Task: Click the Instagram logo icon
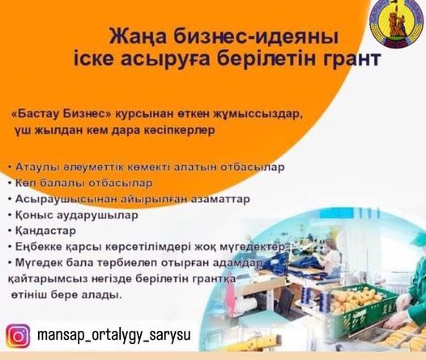19,336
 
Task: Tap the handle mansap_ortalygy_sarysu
114,336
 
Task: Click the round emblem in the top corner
397,24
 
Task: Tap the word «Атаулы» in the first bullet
37,167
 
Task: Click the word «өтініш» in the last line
30,295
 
